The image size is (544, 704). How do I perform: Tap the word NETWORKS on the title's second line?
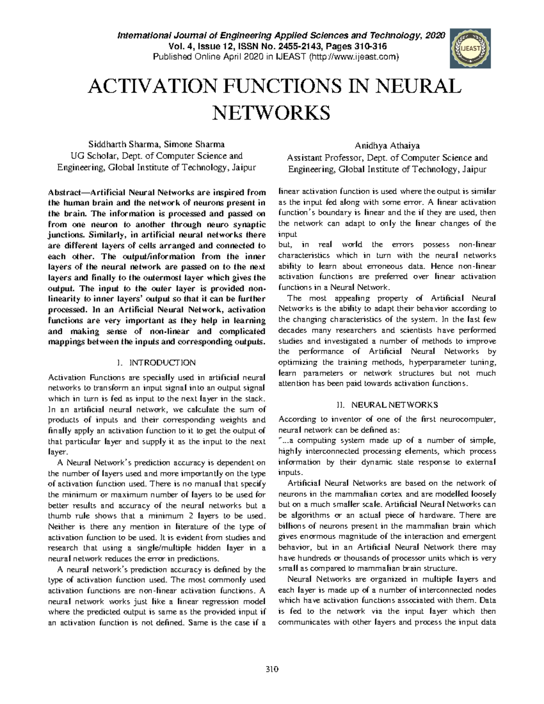coord(272,112)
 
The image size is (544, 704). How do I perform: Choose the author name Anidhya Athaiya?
coord(387,146)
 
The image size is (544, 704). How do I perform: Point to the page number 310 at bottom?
coord(272,670)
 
